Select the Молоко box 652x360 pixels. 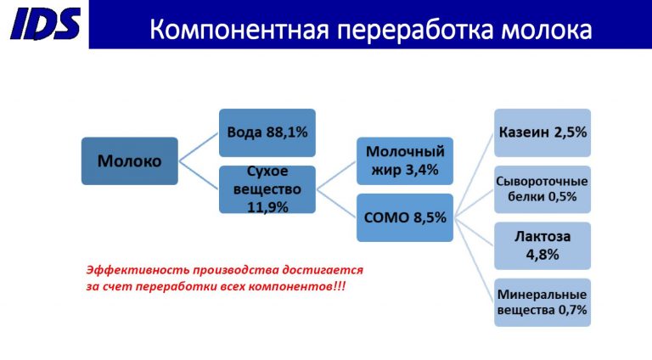[x=129, y=160]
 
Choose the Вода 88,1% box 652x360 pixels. [x=267, y=132]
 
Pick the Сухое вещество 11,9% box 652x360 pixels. [x=267, y=189]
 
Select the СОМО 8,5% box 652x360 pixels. [x=404, y=217]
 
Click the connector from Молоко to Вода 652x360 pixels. [x=199, y=146]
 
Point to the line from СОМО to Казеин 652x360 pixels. [x=474, y=175]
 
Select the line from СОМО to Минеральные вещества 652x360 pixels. [x=474, y=260]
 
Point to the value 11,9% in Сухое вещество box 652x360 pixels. [x=267, y=206]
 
